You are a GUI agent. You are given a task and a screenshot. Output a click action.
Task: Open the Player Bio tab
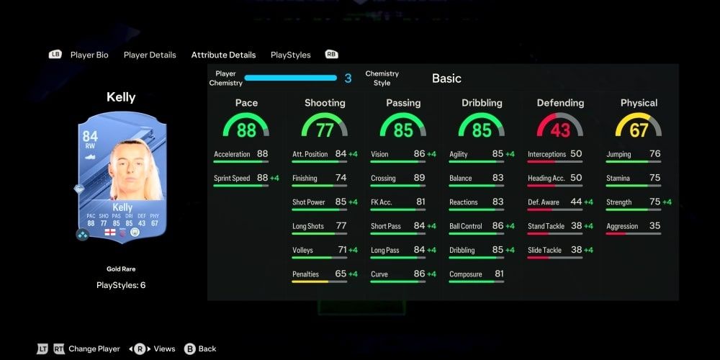pos(89,55)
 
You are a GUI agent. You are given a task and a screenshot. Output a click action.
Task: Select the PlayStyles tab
pos(290,55)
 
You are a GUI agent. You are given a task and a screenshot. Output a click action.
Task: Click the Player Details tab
pos(150,55)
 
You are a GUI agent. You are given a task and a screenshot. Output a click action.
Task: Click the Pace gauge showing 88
pos(246,127)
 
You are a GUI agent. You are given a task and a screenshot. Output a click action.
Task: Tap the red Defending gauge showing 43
pos(560,127)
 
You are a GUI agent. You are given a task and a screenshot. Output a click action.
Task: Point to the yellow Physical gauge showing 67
pos(639,127)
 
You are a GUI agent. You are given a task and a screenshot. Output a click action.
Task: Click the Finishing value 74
pos(341,178)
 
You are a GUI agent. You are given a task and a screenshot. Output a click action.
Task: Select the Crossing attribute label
pos(383,178)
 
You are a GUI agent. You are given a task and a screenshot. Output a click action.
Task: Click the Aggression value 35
pos(654,226)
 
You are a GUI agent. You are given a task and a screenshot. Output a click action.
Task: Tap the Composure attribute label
pos(465,274)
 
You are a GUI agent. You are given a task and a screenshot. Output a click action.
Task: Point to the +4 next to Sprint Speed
pos(274,178)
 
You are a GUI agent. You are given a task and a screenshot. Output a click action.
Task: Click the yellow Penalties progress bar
pos(310,282)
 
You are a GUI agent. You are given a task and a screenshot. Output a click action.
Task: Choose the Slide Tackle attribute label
pos(544,251)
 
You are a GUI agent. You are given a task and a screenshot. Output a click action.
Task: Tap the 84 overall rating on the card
pos(90,137)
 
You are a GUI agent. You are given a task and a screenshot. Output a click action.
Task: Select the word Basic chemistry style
pos(446,78)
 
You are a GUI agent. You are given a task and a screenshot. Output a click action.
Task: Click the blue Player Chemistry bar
pos(290,78)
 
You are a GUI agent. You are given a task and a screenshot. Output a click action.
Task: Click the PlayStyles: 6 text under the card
pos(121,285)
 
